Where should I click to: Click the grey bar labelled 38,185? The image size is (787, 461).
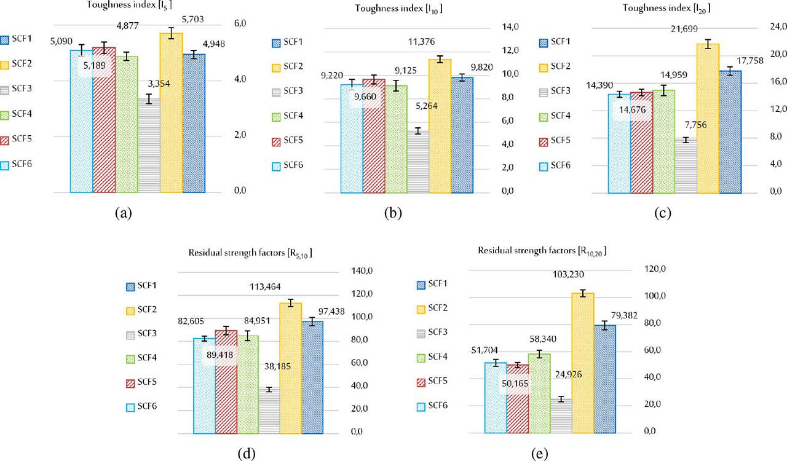269,411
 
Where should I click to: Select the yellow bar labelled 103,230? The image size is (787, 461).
583,363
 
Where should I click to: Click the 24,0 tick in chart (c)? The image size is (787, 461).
774,27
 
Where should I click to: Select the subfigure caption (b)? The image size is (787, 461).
393,213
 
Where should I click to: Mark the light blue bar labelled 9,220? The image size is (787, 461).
352,139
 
